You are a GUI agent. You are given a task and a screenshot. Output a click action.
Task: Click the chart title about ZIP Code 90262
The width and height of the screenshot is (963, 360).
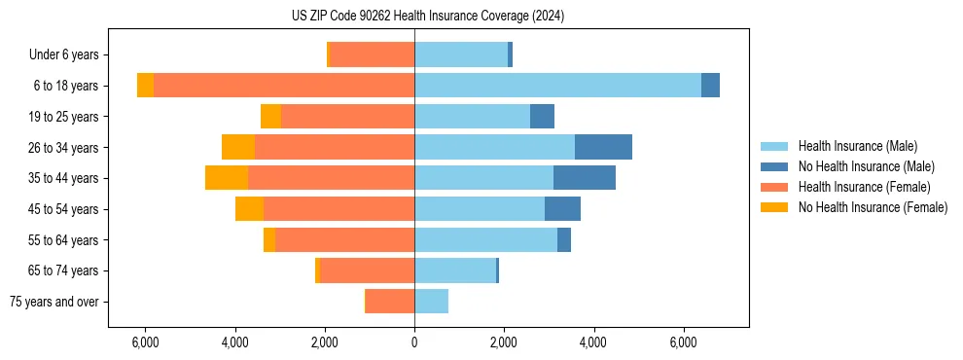click(428, 17)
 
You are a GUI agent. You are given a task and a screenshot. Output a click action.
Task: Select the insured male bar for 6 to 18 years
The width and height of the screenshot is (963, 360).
click(557, 86)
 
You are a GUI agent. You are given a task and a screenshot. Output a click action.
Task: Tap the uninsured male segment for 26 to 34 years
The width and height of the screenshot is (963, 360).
click(603, 147)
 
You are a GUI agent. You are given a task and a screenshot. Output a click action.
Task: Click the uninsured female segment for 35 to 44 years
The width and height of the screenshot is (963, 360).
click(227, 178)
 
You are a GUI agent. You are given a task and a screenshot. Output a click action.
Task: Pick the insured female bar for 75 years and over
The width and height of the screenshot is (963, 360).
click(390, 302)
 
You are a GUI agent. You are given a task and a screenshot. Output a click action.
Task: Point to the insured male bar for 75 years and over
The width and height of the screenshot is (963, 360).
click(431, 302)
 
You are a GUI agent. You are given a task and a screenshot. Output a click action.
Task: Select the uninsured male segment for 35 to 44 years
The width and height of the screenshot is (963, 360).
click(585, 178)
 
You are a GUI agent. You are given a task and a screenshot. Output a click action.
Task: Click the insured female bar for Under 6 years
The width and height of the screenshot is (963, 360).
click(373, 54)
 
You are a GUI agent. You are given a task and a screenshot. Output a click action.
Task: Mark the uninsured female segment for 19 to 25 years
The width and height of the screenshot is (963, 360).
click(270, 117)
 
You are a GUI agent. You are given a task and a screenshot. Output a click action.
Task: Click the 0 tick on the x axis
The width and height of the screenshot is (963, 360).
click(414, 342)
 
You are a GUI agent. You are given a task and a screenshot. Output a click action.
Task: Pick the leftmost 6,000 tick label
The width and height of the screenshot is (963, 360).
click(144, 342)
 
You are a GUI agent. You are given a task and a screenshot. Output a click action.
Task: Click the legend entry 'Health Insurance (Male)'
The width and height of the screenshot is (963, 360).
click(857, 147)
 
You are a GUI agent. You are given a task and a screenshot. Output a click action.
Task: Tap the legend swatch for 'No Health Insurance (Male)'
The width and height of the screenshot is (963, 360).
click(775, 167)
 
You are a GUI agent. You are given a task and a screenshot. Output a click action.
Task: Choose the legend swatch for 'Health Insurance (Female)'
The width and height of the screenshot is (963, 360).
click(775, 187)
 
